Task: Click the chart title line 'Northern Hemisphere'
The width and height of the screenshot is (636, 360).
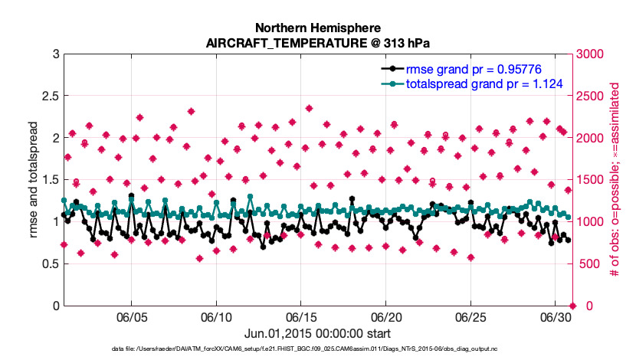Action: point(318,28)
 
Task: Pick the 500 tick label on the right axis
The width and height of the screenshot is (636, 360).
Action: point(588,264)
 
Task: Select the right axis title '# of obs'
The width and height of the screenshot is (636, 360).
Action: point(615,180)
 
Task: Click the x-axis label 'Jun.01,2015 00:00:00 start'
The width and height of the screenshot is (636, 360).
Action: point(318,334)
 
